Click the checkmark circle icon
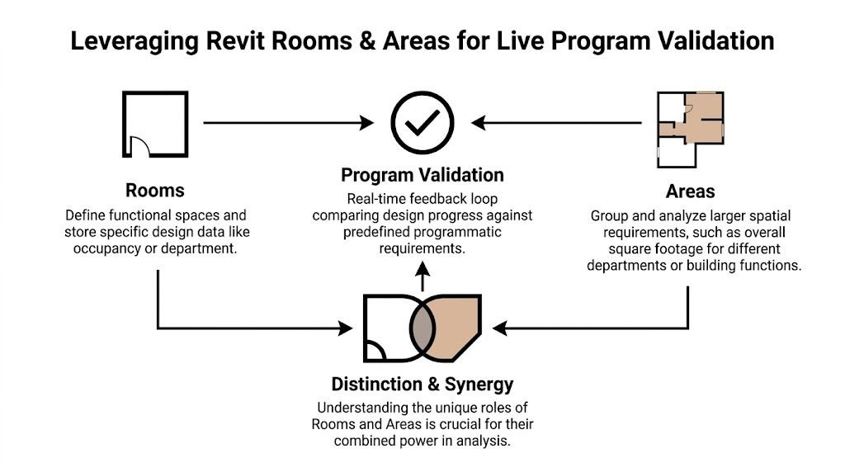[422, 123]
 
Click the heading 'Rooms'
[154, 191]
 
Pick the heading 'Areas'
[691, 191]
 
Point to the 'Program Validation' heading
[422, 175]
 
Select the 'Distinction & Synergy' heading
[422, 384]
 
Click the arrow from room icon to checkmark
[288, 123]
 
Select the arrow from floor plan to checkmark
[561, 123]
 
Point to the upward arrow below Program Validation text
[422, 276]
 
